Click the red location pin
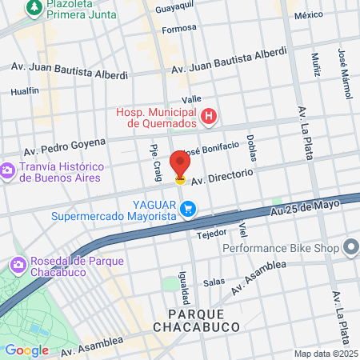[180, 163]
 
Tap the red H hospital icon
[209, 118]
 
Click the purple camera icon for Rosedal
[17, 264]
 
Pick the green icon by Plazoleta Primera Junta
[34, 8]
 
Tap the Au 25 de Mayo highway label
[306, 207]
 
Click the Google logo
[26, 350]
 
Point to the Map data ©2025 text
[325, 354]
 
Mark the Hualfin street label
[25, 91]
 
